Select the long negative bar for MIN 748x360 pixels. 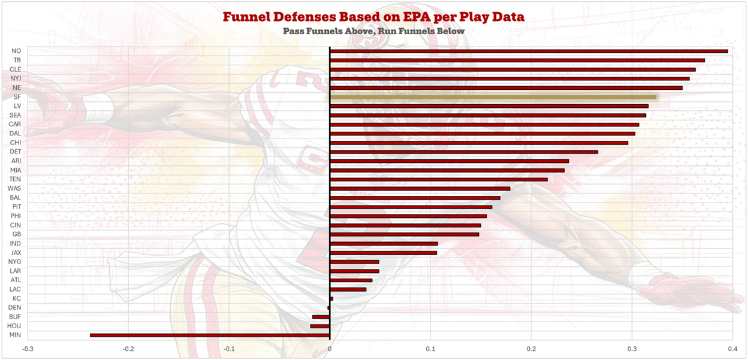click(x=210, y=335)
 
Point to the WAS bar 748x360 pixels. click(x=420, y=189)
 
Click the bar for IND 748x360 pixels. click(x=384, y=244)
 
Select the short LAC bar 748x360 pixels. click(x=348, y=289)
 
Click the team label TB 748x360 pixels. click(x=17, y=60)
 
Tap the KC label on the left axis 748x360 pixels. click(x=17, y=298)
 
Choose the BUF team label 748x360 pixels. click(x=16, y=317)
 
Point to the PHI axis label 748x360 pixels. click(x=16, y=216)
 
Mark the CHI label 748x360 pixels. click(x=16, y=143)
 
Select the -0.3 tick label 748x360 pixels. click(x=28, y=349)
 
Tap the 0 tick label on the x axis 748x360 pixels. click(x=330, y=349)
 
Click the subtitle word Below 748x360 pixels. click(x=450, y=31)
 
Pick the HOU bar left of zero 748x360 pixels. click(x=320, y=326)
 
